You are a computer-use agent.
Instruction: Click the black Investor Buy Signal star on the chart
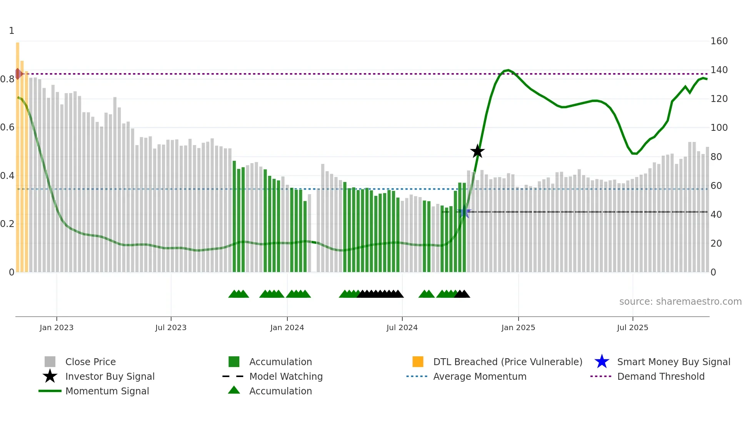(477, 151)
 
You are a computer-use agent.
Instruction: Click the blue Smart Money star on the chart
(464, 212)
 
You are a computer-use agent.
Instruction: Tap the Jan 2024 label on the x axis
(287, 327)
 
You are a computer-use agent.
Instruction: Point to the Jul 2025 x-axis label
(632, 327)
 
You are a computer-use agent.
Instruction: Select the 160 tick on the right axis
(719, 41)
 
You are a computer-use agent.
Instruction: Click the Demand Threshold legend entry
(661, 376)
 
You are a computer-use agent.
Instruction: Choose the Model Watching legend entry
(286, 376)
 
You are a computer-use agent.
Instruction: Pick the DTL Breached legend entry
(507, 362)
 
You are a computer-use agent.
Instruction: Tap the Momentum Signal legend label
(107, 391)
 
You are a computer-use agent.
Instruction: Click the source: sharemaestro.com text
(680, 302)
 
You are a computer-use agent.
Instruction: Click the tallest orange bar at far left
(18, 154)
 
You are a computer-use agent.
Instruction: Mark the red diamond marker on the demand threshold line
(18, 74)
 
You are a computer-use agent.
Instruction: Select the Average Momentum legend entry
(479, 376)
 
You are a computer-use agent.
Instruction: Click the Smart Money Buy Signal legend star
(602, 362)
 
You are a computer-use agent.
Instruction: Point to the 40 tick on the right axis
(716, 215)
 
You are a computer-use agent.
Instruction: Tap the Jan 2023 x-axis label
(57, 327)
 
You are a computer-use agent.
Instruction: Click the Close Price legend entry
(90, 362)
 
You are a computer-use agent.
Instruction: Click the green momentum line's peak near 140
(508, 70)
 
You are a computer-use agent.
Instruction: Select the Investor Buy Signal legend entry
(110, 376)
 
